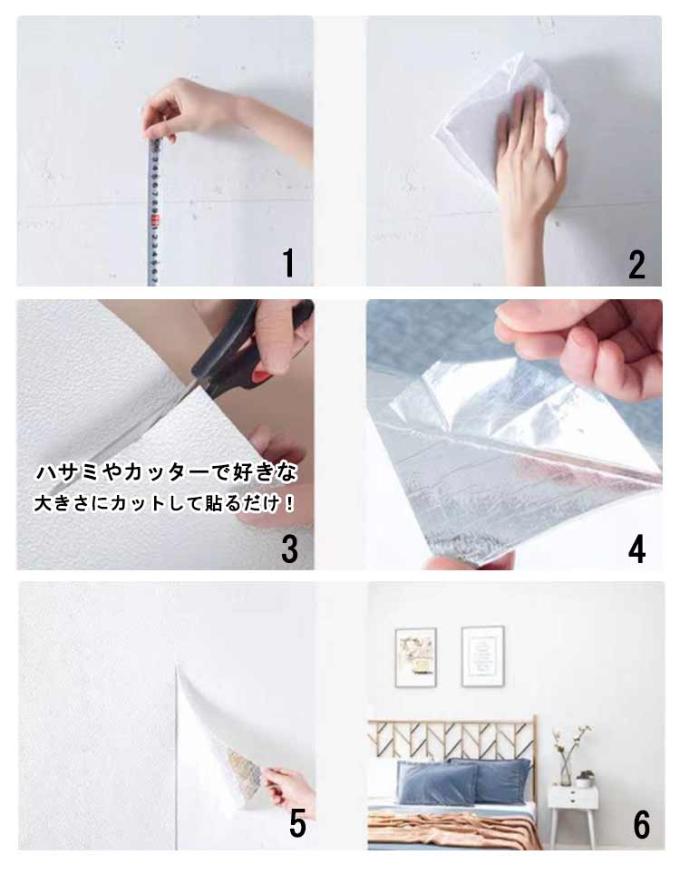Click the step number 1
(x=288, y=263)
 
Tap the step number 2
(x=636, y=265)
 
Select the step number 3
(x=289, y=549)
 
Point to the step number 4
(x=636, y=549)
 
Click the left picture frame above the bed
(x=416, y=657)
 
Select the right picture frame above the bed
(x=482, y=656)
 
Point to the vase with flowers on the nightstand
(x=567, y=757)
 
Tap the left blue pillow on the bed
(x=437, y=783)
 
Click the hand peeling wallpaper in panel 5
(x=290, y=789)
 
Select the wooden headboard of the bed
(x=452, y=740)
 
